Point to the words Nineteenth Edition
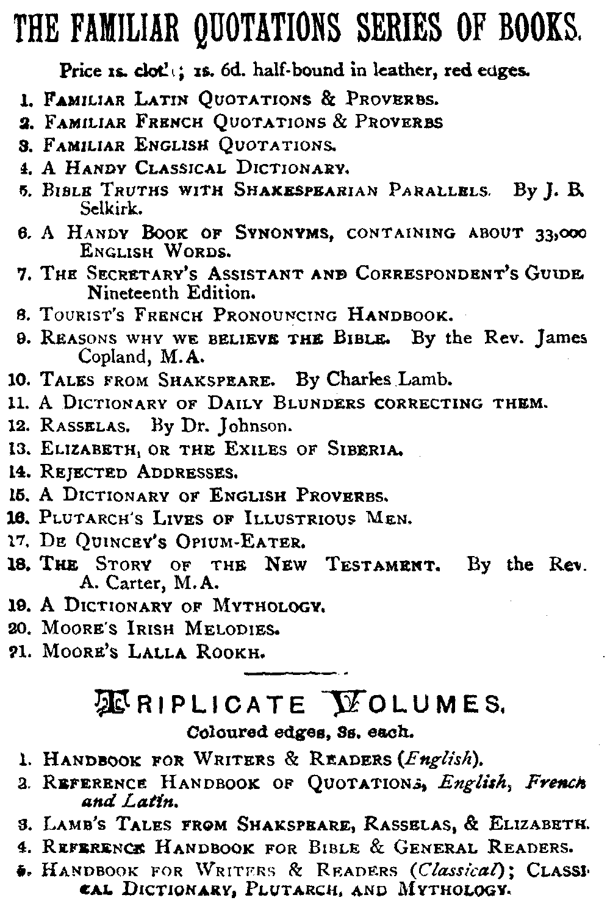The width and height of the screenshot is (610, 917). [169, 293]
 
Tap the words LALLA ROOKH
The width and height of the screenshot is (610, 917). [196, 652]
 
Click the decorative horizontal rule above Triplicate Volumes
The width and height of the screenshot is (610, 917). [295, 673]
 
